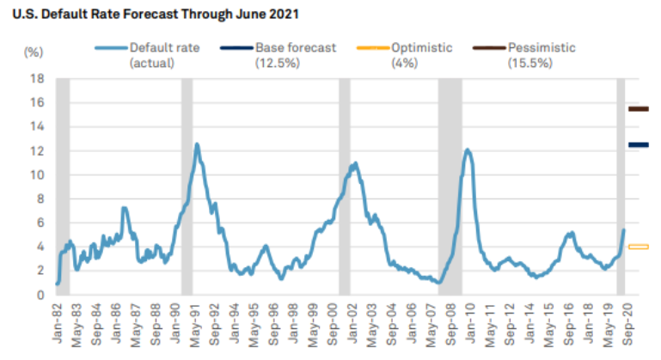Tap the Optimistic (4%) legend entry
click(x=416, y=55)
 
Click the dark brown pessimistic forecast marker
click(x=638, y=109)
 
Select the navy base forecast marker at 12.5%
click(x=638, y=145)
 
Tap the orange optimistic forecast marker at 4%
click(x=638, y=247)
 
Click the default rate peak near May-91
click(x=197, y=144)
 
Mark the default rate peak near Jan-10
click(x=468, y=150)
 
